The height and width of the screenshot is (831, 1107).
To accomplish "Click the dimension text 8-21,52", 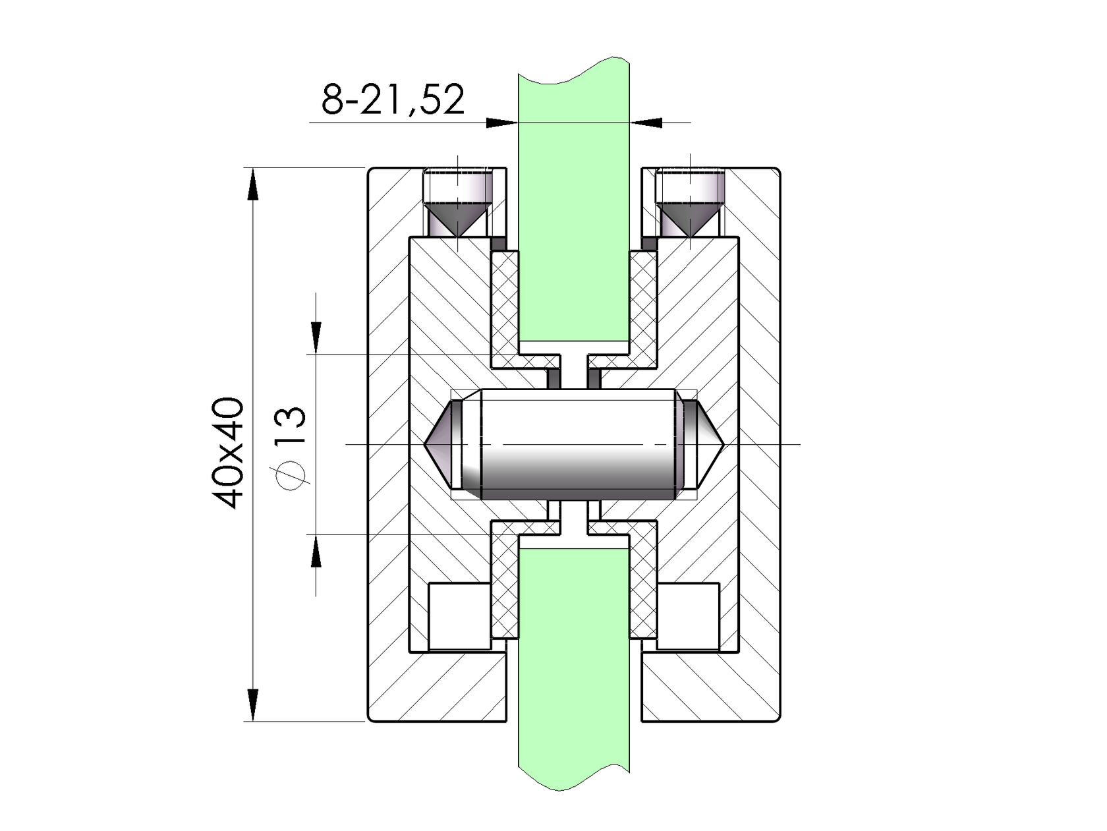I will pos(393,100).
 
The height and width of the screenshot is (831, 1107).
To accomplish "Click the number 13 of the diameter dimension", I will pos(291,426).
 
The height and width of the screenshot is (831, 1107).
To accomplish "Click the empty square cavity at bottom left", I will pos(459,617).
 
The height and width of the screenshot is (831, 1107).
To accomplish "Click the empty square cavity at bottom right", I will pos(689,617).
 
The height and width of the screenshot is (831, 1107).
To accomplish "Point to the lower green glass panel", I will pos(573,659).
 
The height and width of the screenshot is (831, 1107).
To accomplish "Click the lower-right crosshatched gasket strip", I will pos(643,583).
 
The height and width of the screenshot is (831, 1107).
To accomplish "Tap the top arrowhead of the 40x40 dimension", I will pos(252,183).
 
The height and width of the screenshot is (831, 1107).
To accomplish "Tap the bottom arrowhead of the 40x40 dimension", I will pos(252,705).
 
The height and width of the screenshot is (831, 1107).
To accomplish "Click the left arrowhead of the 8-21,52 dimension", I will pos(501,122).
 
